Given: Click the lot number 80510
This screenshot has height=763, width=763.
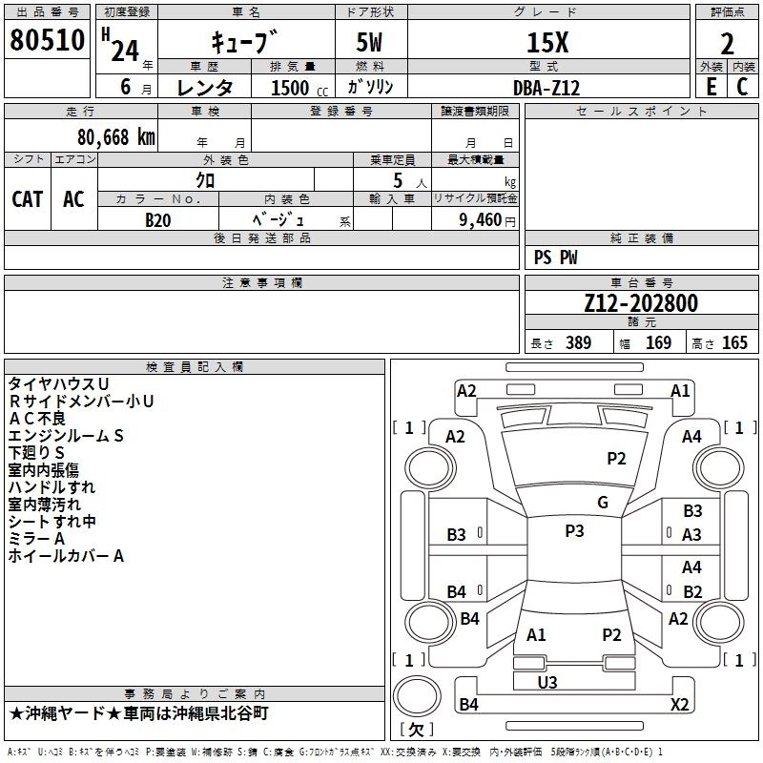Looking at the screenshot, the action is tap(47, 40).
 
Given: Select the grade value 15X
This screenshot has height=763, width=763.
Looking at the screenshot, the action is tap(547, 42).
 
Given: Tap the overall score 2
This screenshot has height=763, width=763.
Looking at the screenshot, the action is tap(727, 44).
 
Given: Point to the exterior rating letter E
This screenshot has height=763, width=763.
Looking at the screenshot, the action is tap(711, 87).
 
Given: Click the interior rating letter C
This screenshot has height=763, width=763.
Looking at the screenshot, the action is tap(742, 87).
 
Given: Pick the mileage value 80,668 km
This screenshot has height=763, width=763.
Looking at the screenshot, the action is tap(116, 137).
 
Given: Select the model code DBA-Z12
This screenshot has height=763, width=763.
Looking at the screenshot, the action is tap(546, 88).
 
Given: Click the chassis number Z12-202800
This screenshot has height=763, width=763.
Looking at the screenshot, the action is tap(641, 303).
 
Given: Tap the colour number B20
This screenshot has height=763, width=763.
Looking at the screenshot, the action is tap(158, 220).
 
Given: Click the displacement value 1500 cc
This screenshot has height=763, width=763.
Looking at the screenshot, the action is tap(299, 88).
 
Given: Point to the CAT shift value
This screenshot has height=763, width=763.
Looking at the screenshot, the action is tap(28, 199).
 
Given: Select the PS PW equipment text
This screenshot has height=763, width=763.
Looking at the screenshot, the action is tap(555, 258).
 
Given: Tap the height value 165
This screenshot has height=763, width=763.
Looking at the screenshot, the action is tap(734, 342).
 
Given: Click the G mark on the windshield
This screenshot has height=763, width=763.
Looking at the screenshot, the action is tap(603, 502).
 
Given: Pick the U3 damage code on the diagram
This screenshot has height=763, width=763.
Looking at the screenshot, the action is tap(547, 682).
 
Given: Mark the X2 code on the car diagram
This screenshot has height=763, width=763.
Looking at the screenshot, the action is tap(679, 704).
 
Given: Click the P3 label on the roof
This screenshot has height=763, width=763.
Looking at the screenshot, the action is tap(574, 530).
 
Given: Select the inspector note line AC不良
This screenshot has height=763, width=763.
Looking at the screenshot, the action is tap(37, 419).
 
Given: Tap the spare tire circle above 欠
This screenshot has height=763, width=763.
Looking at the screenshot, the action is tap(417, 696).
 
